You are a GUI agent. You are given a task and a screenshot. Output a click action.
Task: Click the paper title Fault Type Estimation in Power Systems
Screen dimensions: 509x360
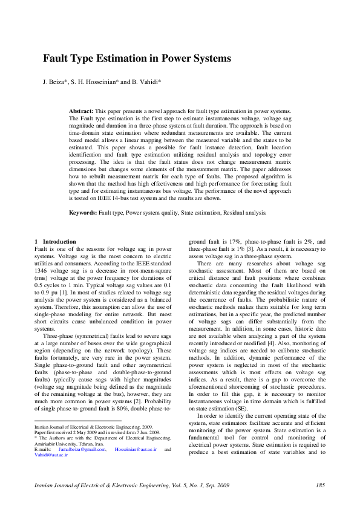[137, 59]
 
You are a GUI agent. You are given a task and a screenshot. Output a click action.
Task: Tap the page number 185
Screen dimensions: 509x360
[321, 485]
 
